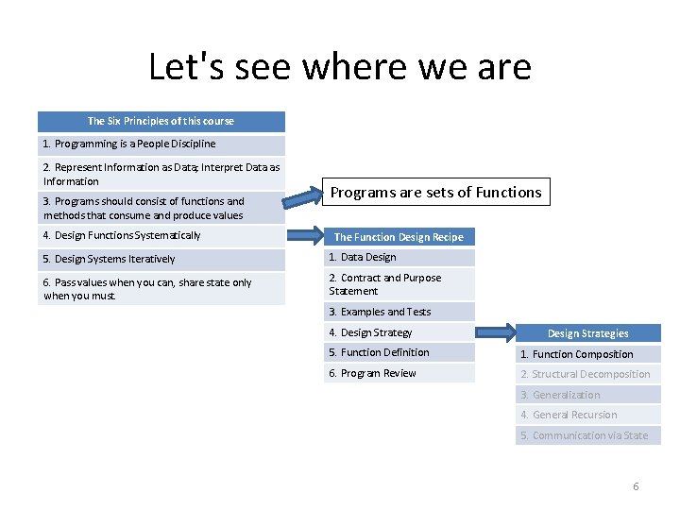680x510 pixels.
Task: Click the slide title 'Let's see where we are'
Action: tap(340, 67)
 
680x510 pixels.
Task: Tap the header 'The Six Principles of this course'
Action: tap(161, 121)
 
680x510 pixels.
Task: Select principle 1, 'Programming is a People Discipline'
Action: tap(161, 144)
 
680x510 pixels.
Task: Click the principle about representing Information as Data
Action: tap(161, 174)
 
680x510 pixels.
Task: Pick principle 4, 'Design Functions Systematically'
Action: tap(161, 236)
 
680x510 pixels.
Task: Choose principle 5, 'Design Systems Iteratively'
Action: tap(161, 259)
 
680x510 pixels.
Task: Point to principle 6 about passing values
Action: tap(161, 289)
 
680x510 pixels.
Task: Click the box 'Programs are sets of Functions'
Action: tap(435, 193)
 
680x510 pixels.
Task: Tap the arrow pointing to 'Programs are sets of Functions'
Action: tap(303, 196)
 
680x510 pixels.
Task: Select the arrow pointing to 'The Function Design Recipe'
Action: tap(303, 235)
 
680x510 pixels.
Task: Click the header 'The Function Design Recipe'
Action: tap(399, 237)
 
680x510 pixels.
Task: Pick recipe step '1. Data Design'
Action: tap(399, 257)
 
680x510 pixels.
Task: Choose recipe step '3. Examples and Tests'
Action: tap(399, 312)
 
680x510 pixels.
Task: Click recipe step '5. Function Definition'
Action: tap(399, 352)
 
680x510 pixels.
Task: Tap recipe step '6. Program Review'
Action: tap(399, 373)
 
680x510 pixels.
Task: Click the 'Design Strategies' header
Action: tap(587, 333)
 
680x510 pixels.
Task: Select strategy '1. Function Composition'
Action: tap(587, 354)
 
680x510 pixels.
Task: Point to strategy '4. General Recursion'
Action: tap(587, 415)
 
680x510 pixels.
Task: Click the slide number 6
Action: tap(636, 486)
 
